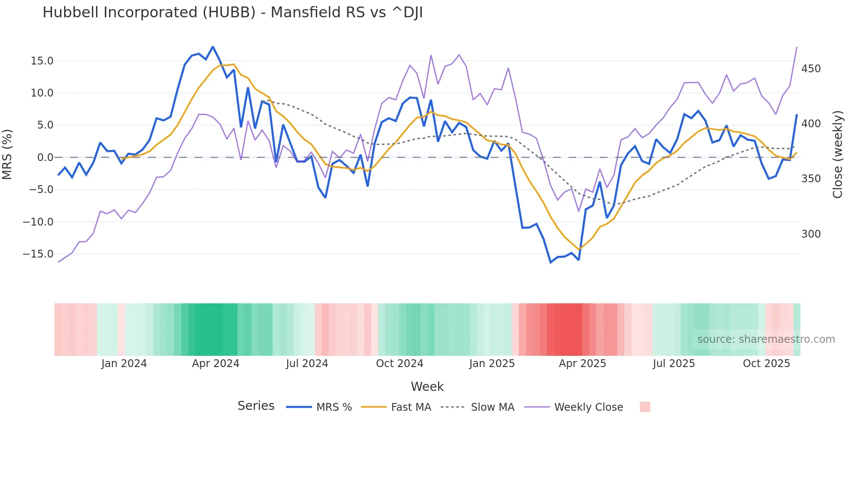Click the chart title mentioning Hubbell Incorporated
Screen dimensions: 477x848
click(232, 13)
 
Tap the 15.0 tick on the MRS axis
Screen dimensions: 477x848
click(42, 61)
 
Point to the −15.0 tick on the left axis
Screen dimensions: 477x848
click(38, 254)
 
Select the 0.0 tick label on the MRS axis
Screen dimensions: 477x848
click(45, 158)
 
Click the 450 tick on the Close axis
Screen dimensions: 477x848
click(811, 69)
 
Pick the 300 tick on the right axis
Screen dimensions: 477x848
click(811, 234)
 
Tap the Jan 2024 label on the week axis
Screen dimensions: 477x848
click(124, 364)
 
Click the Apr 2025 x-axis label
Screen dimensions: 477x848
click(582, 364)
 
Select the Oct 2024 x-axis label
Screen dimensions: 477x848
click(399, 364)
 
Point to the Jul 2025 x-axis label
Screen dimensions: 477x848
click(674, 364)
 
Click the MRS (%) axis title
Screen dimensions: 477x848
click(7, 154)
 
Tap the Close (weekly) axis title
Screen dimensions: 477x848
click(838, 154)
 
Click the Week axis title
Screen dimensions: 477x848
click(427, 387)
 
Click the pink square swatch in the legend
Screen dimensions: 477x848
click(645, 407)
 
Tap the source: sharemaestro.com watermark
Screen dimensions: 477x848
click(766, 339)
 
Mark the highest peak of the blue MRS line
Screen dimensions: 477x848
click(213, 47)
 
